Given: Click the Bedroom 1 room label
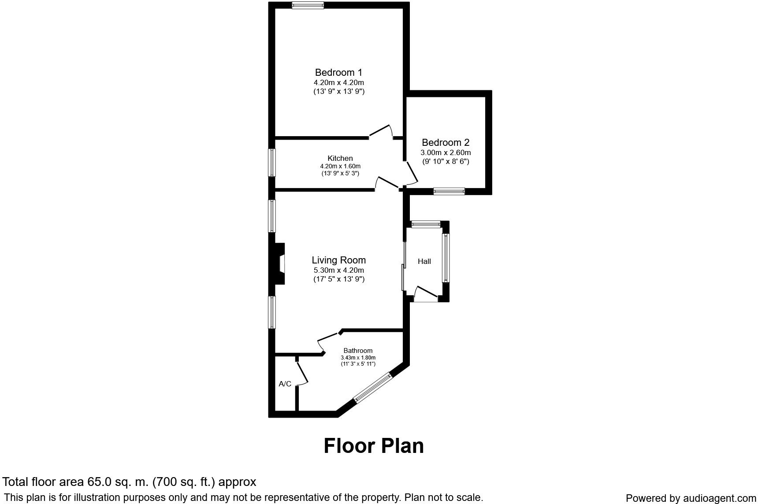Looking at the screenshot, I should tap(338, 72).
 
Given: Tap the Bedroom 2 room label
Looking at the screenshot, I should tap(446, 142).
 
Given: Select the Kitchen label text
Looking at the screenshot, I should tap(340, 158).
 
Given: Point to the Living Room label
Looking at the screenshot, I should tap(338, 260).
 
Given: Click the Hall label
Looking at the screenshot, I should tap(424, 261).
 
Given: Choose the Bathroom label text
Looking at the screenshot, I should tap(358, 351).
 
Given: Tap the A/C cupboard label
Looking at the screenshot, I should tap(285, 384).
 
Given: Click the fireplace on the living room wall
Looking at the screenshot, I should tap(279, 263).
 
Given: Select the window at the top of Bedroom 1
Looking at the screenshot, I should tap(308, 5).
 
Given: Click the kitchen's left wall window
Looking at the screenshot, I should tap(272, 163).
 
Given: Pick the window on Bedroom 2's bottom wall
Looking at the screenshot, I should tap(449, 191).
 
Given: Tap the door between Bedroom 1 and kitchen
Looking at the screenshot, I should tap(381, 131).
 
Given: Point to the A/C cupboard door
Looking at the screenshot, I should tap(301, 374).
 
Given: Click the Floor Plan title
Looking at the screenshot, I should tap(374, 446).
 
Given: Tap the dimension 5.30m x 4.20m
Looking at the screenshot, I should tap(338, 270).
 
